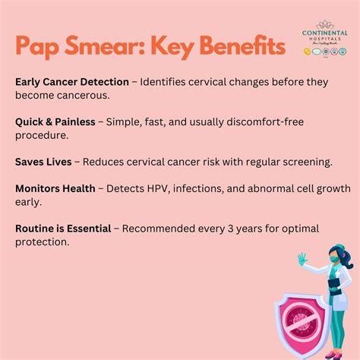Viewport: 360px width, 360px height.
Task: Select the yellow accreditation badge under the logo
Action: coord(307,50)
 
